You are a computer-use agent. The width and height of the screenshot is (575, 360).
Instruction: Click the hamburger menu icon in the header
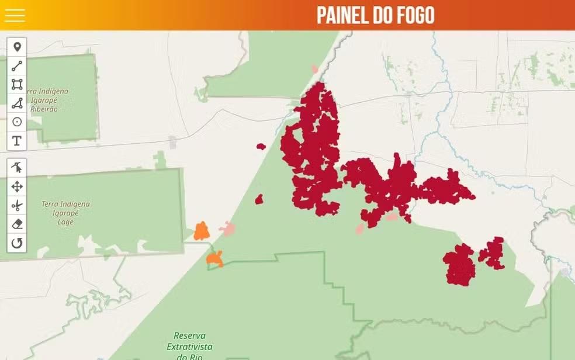coord(15,15)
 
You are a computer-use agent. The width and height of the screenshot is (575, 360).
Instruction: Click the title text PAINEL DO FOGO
coord(375,16)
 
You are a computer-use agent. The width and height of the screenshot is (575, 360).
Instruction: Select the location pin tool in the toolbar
coord(17,47)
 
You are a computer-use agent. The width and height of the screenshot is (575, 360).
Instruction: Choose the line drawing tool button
coord(17,66)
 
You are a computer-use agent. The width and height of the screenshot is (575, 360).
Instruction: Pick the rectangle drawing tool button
coord(17,85)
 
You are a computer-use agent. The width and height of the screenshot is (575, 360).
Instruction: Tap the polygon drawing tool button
coord(17,103)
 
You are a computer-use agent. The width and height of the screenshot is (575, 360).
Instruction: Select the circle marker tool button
coord(17,122)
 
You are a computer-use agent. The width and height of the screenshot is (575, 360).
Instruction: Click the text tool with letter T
coord(17,141)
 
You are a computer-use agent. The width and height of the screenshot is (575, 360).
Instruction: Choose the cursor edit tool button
coord(17,168)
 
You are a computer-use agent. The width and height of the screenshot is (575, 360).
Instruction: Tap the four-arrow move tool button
coord(17,187)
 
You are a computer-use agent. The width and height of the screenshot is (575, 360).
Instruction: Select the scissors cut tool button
coord(17,206)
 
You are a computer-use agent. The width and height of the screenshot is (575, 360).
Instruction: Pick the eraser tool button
coord(17,224)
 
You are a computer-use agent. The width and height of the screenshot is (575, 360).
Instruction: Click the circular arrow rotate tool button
coord(17,243)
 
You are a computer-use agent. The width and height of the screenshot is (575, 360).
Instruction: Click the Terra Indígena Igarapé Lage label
coord(65,213)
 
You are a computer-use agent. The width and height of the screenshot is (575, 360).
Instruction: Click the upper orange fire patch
coord(202,231)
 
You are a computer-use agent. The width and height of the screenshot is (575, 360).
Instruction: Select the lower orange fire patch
coord(215,258)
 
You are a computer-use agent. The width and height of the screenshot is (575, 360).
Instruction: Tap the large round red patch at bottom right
coord(459,265)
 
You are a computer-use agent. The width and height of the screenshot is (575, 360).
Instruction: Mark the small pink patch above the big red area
coord(315,69)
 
